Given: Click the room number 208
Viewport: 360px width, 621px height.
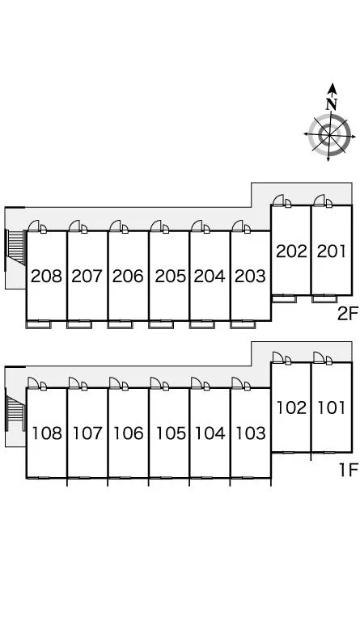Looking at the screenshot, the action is coord(46,276).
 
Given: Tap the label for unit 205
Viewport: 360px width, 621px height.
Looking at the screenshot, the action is coord(171,276).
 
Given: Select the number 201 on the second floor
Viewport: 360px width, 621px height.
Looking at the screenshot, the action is coord(332,251).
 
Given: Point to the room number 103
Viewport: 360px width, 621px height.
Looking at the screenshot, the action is coord(250,433).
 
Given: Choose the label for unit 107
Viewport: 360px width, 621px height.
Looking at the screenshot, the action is coord(87,433).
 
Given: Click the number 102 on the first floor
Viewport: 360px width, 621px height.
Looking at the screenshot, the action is coord(291,408).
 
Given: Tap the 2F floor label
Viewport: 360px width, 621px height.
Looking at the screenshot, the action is coord(348,314).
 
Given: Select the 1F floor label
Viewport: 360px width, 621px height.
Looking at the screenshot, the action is coord(349,470).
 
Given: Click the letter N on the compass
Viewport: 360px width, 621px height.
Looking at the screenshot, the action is coord(332,103).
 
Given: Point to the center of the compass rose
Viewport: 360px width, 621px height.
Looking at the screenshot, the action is coord(329,135).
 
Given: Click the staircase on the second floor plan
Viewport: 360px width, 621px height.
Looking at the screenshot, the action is coord(16,247).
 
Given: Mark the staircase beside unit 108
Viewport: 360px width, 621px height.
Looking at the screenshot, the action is coord(16,408).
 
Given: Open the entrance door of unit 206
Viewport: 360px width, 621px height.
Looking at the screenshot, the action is coord(119,226).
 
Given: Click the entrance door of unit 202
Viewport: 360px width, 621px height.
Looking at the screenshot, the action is coord(282,201).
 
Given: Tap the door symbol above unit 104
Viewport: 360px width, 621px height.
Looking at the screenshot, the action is coord(201,383).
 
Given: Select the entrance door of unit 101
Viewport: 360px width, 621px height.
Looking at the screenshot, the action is coord(323,357).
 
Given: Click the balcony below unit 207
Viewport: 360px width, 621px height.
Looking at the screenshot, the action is coord(79,324).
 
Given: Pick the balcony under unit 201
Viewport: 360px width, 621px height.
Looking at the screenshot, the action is coord(324,299).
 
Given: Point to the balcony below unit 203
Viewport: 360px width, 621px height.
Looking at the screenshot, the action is coord(243,324).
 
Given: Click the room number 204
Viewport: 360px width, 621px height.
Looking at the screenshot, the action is coord(210,276).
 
